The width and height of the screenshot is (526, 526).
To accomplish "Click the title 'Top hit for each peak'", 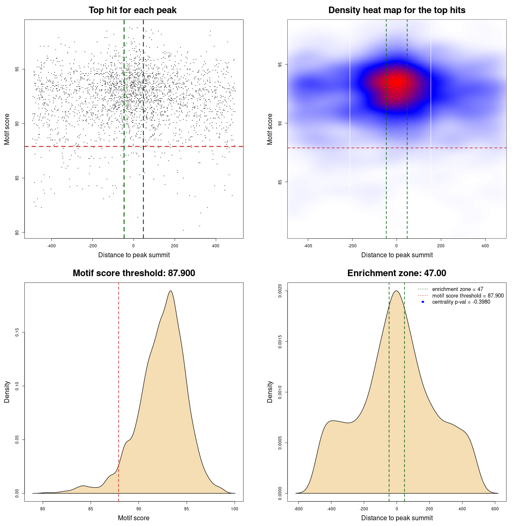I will point(133,10).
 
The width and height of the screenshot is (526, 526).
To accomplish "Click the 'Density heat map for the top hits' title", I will point(397,10).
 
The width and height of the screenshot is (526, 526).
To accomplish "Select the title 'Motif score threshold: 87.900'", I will point(134,273).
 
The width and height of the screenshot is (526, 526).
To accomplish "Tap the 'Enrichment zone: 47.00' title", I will point(397,273).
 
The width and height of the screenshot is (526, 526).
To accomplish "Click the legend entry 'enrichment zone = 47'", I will point(457,289).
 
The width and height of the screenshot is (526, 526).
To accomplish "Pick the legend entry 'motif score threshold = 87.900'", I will point(468,295).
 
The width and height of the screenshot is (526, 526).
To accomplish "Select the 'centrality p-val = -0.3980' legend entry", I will point(461,302).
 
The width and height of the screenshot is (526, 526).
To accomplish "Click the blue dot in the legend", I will point(423,302).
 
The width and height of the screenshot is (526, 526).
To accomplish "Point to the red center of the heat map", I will point(397,81).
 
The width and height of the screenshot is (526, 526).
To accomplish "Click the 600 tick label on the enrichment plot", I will point(495,509).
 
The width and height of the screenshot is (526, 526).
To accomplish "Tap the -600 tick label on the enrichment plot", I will point(298,509).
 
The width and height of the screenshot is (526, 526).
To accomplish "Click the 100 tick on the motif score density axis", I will point(235,509).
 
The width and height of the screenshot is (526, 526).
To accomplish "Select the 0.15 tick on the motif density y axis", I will point(17,332).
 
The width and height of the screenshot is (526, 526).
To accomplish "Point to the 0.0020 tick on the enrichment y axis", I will point(280,291).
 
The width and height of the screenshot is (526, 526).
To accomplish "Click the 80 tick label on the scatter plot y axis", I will point(17,233).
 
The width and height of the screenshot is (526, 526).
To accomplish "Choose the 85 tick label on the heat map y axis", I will point(280,182).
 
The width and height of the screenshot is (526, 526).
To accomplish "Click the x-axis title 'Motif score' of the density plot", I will point(134,518).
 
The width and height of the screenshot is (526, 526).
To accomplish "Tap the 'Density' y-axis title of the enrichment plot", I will point(270,392).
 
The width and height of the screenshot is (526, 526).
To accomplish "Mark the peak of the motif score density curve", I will point(170,291).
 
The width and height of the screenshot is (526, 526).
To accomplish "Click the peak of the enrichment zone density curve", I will point(397,291).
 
